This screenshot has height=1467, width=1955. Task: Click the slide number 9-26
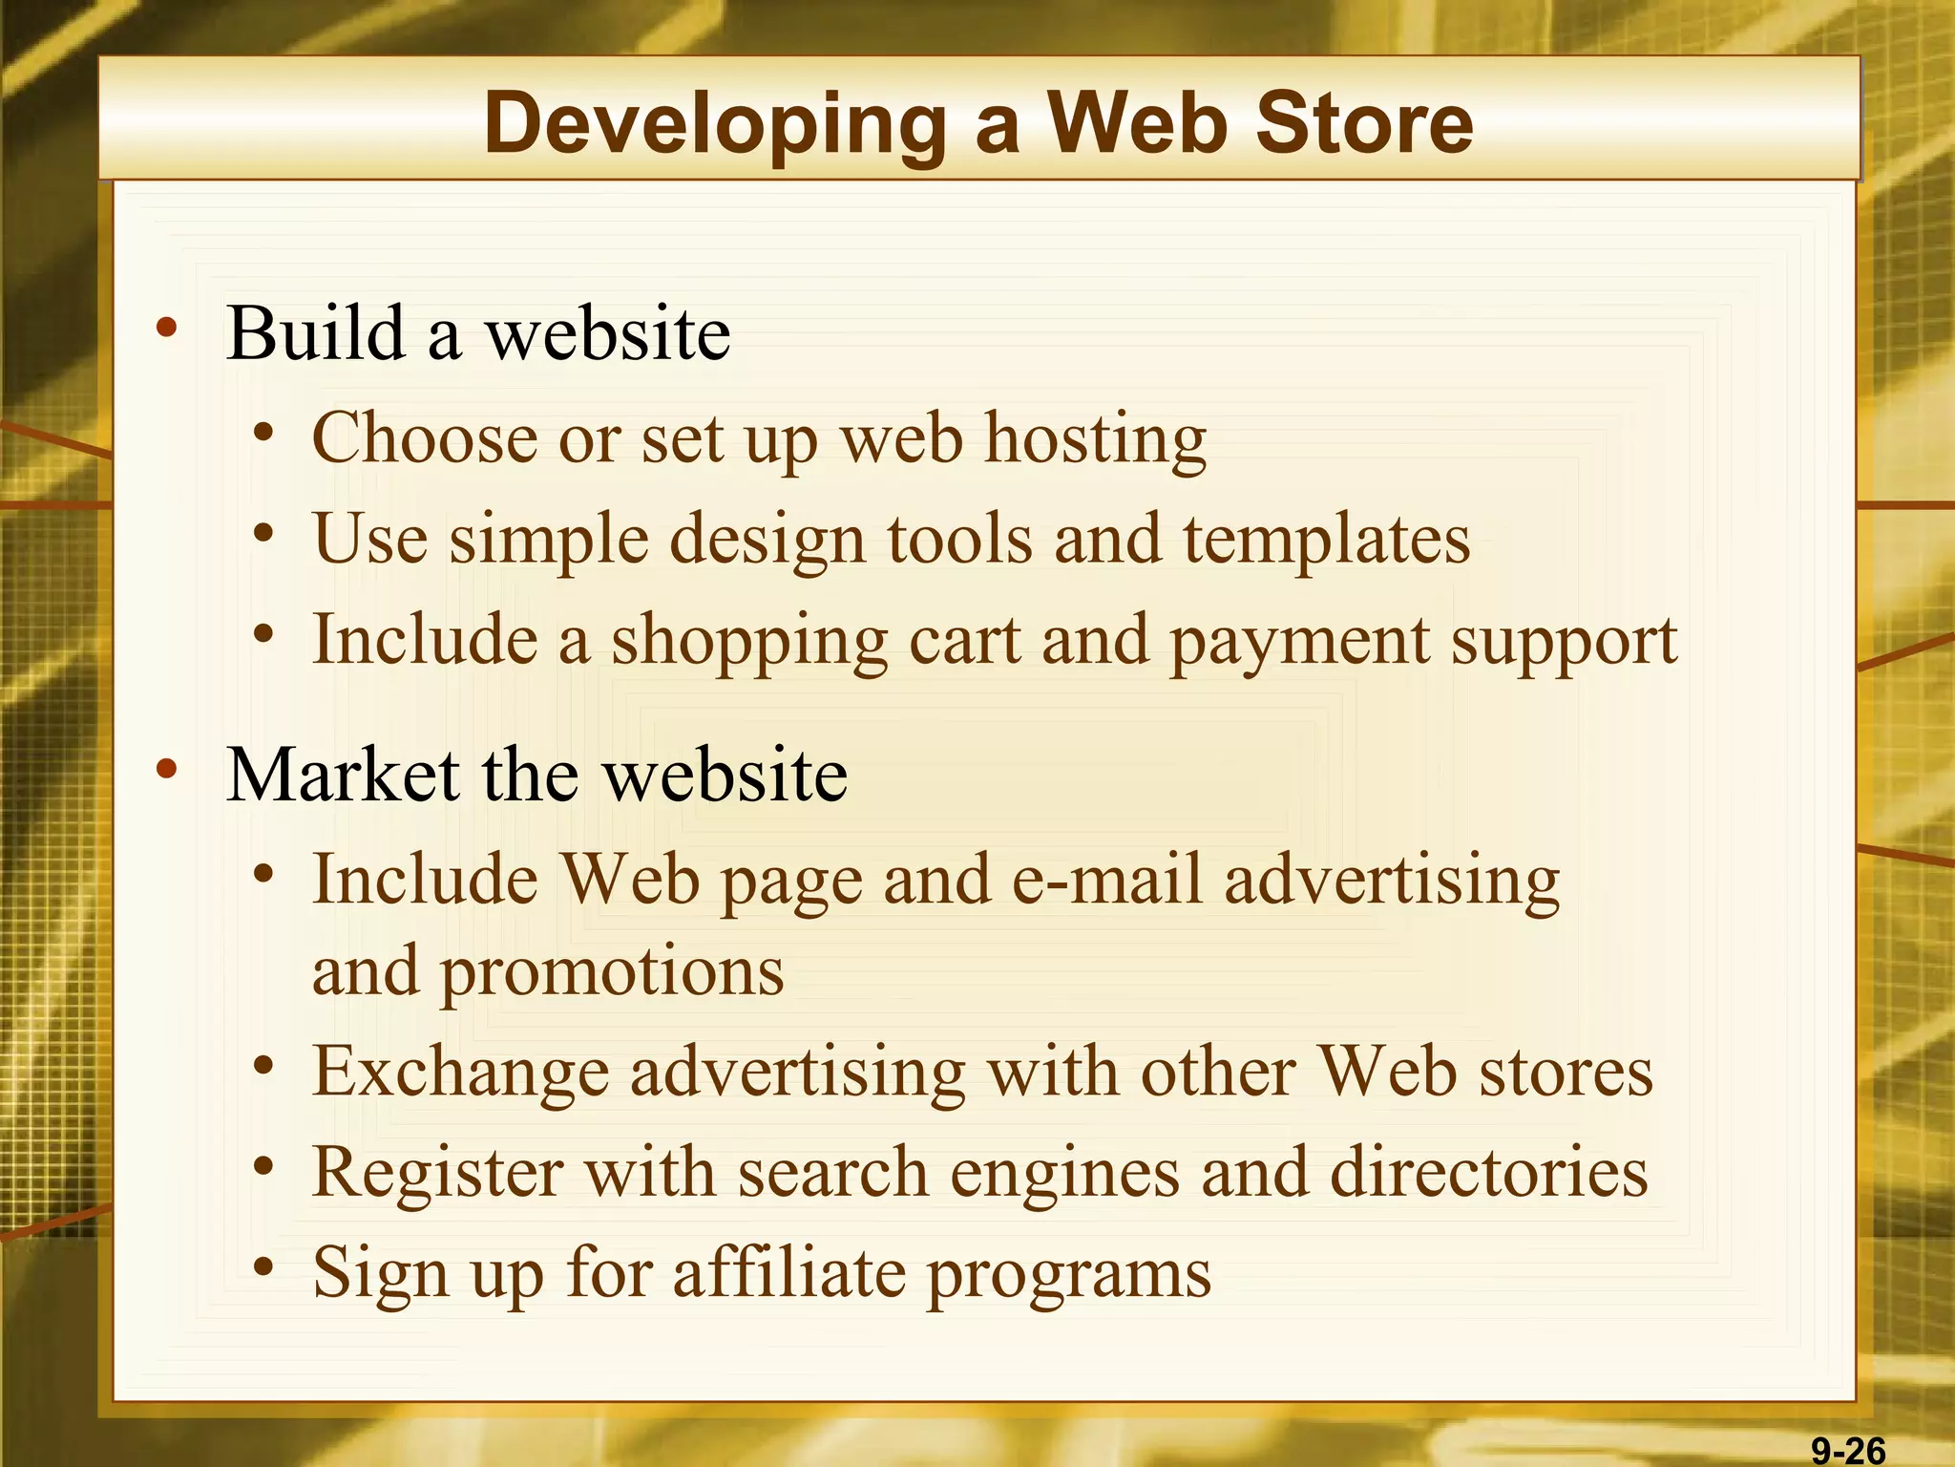point(1848,1451)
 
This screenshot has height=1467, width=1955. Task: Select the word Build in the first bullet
point(315,333)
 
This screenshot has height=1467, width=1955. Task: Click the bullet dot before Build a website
point(167,329)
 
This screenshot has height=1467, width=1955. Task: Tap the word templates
point(1326,541)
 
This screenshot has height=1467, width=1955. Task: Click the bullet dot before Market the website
point(167,769)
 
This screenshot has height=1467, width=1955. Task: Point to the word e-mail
point(1106,879)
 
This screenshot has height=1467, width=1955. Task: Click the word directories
point(1488,1171)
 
